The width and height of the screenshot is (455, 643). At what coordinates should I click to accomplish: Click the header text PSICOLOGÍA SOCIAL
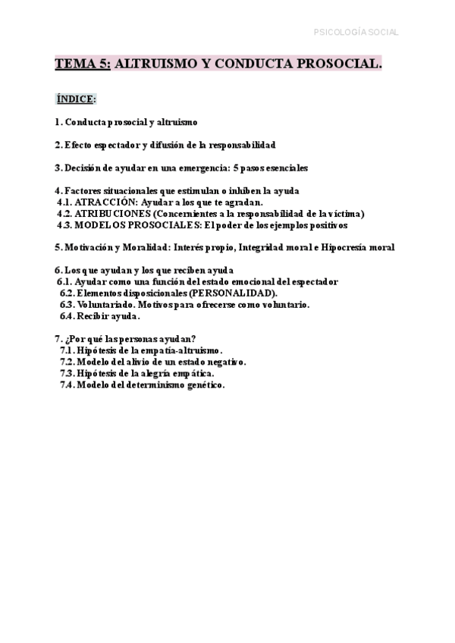356,32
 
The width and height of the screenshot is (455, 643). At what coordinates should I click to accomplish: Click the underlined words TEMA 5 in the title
83,65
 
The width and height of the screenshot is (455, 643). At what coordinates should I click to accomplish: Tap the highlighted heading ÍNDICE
76,99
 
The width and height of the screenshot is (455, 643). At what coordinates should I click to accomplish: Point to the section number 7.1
67,350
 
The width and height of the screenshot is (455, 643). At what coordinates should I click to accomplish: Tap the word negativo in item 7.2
224,362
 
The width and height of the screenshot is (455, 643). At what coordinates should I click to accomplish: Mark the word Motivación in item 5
91,247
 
